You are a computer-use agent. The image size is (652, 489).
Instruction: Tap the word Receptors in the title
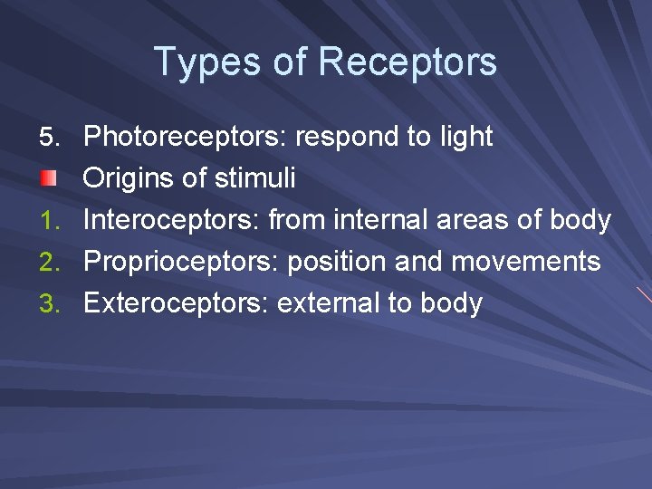click(x=407, y=62)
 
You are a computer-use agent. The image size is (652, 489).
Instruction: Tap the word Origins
click(x=129, y=178)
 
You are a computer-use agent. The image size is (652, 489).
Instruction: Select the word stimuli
click(x=256, y=178)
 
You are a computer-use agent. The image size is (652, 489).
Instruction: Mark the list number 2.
click(x=51, y=263)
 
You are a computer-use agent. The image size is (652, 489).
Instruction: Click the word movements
click(x=525, y=262)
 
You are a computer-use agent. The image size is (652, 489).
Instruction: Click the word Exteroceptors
click(x=176, y=303)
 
